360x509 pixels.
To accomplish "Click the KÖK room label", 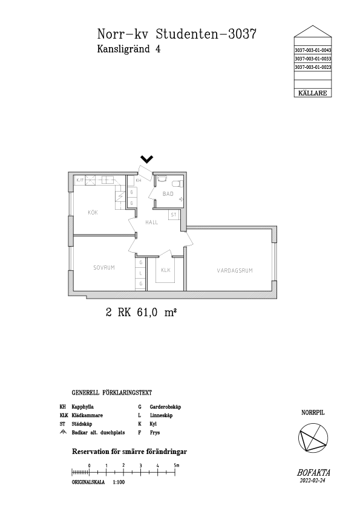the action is tap(93, 213).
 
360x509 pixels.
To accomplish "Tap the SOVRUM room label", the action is tap(104, 268).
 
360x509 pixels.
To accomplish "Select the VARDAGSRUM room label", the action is tap(235, 270).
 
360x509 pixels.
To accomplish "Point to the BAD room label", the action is tap(168, 194).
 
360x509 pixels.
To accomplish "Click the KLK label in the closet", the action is tap(166, 270).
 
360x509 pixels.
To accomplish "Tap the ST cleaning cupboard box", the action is tap(174, 215).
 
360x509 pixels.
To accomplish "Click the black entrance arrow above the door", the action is tap(147, 159).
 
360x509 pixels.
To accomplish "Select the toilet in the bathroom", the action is tap(178, 184).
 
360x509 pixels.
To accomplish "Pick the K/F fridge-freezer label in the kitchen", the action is tap(80, 180).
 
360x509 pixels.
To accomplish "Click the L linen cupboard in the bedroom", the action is tap(140, 273).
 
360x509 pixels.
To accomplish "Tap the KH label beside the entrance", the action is tap(139, 180).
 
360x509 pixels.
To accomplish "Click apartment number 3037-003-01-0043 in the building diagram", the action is tap(313, 50).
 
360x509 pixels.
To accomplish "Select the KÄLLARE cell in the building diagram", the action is tap(313, 93).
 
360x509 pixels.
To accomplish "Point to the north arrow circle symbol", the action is tap(313, 438).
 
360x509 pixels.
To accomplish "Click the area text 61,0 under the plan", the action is tap(147, 313).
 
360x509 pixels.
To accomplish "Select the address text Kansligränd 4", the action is tap(129, 49).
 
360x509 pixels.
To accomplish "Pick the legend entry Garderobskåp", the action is tap(165, 407).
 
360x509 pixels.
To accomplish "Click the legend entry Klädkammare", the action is tap(87, 415).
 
